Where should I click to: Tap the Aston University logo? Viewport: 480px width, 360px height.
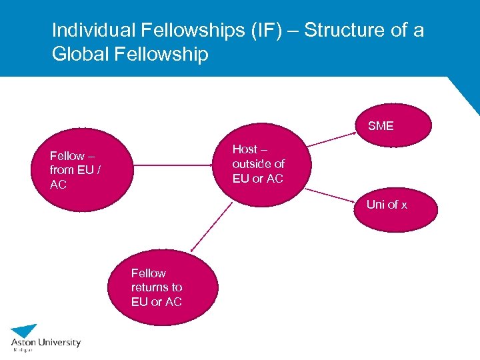pos(45,337)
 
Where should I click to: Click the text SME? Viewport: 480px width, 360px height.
pos(381,126)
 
